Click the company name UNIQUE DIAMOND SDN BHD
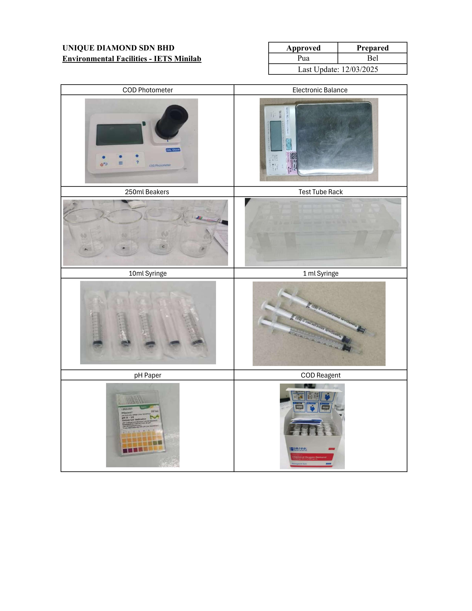(118, 48)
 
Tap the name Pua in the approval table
(303, 58)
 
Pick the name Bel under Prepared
(372, 58)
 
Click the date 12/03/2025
(360, 69)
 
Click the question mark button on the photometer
(137, 162)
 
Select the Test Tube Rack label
(320, 192)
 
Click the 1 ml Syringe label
(320, 273)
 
